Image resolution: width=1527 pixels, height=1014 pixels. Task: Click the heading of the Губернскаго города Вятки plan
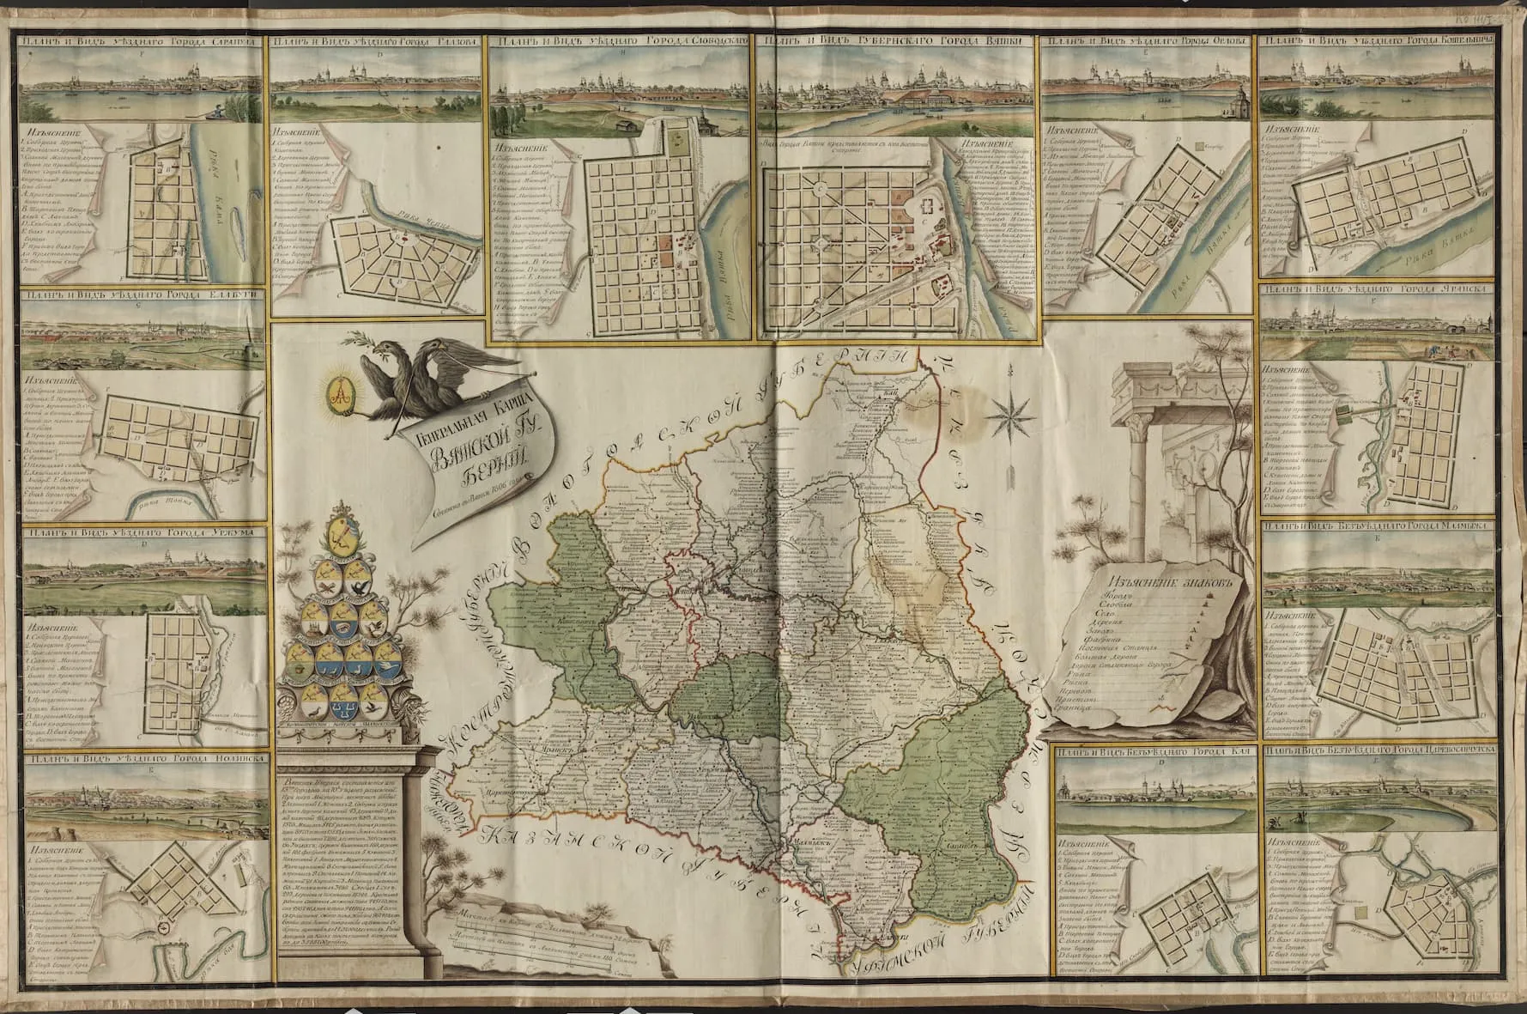tap(897, 40)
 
